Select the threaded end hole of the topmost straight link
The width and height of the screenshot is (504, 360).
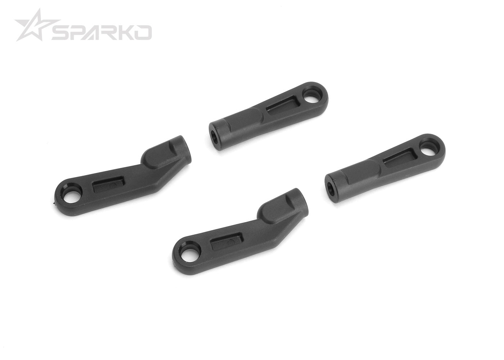[x=214, y=136]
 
